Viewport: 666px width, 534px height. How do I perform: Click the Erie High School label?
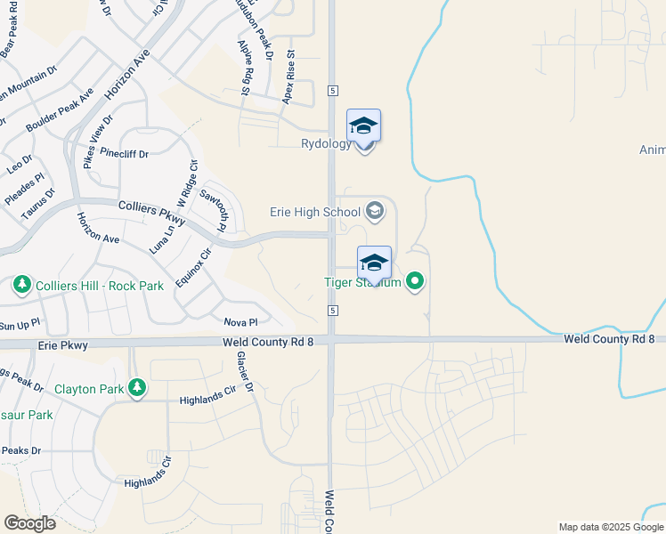315,212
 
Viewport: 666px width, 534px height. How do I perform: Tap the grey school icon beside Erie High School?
375,211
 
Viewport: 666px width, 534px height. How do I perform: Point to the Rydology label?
326,144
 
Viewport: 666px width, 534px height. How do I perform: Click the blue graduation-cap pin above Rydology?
363,125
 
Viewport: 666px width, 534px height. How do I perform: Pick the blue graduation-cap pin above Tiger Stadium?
374,262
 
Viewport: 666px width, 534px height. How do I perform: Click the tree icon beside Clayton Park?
136,387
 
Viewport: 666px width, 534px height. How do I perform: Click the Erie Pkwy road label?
62,344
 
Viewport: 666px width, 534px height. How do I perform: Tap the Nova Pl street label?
240,322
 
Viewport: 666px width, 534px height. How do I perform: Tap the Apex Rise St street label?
288,76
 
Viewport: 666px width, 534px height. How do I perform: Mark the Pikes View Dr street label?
98,141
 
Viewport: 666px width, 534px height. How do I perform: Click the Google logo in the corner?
29,523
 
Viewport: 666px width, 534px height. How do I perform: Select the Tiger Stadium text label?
362,283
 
